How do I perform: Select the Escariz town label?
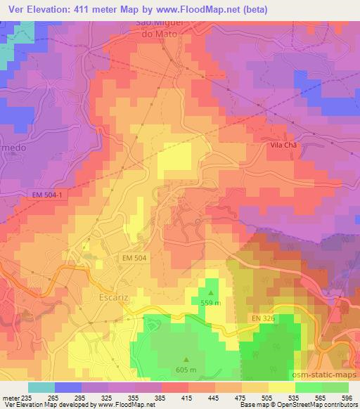pyautogui.click(x=108, y=297)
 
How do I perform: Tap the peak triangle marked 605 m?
pyautogui.click(x=186, y=360)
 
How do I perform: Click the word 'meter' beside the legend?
pyautogui.click(x=11, y=398)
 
